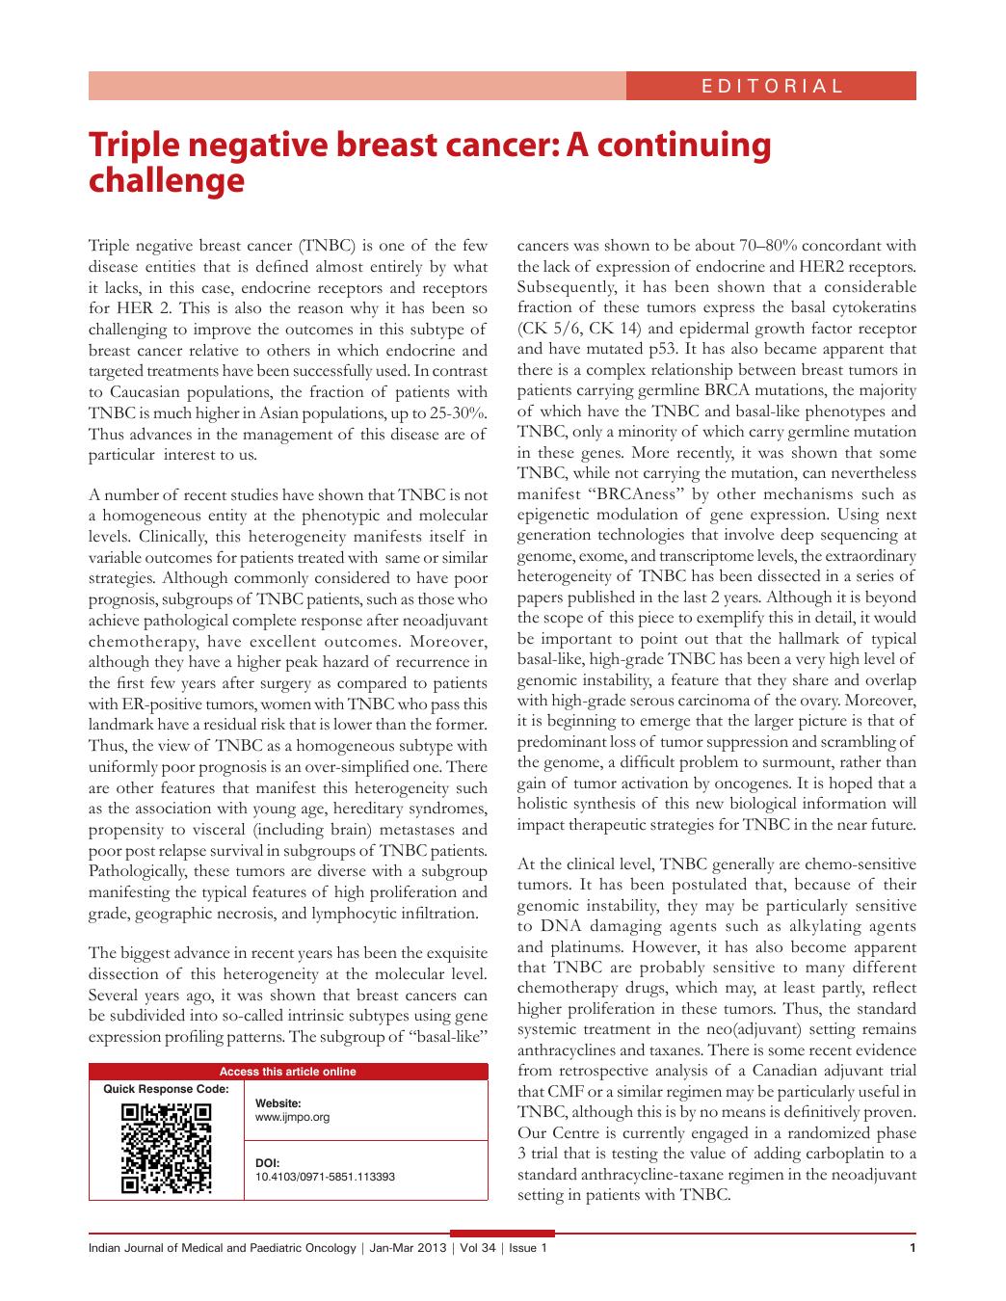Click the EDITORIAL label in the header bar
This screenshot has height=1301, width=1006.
772,86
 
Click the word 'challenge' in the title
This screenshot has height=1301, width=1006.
166,180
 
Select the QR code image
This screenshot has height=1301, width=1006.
166,1148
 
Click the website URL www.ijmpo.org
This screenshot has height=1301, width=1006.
292,1118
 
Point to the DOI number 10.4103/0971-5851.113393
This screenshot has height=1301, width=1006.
325,1177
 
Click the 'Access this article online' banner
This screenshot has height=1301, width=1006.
288,1072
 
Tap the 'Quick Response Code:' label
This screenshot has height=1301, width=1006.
166,1089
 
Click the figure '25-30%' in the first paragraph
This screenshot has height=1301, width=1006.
455,412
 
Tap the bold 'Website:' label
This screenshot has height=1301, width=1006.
278,1103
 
